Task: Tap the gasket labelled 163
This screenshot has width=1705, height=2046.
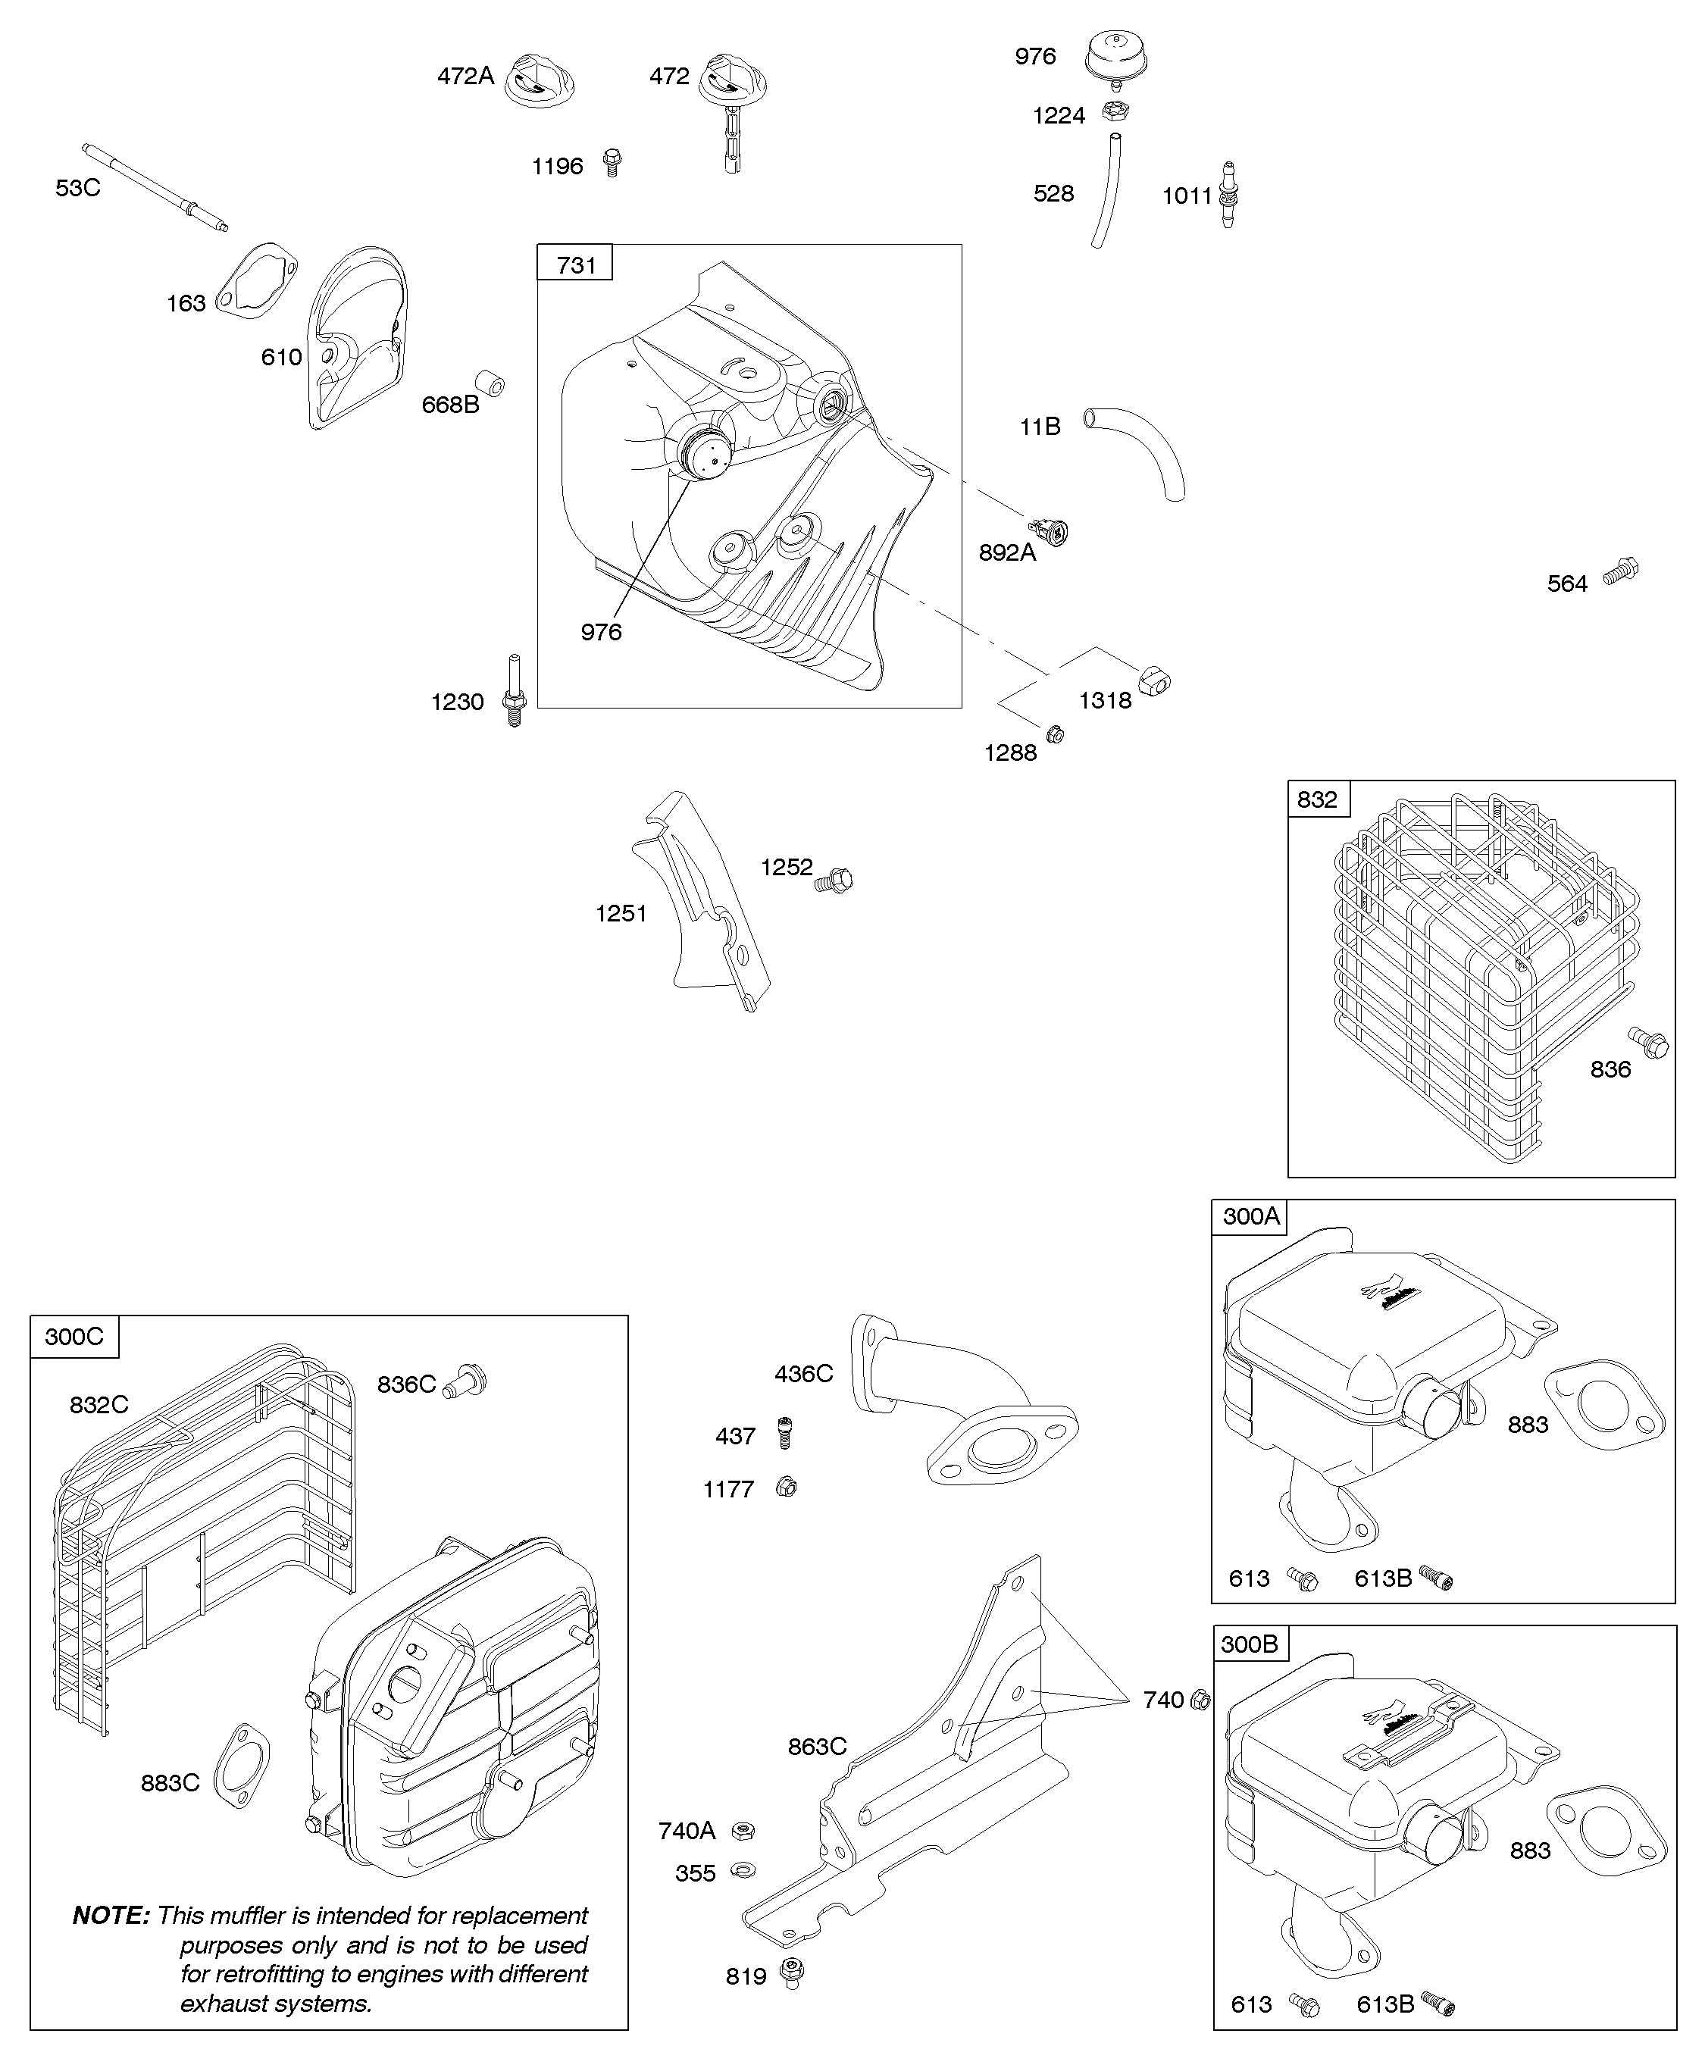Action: pos(255,283)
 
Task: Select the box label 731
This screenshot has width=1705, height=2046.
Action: pos(576,264)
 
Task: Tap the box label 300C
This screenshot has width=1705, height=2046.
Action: pos(74,1336)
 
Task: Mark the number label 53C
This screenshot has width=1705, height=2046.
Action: pos(78,188)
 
